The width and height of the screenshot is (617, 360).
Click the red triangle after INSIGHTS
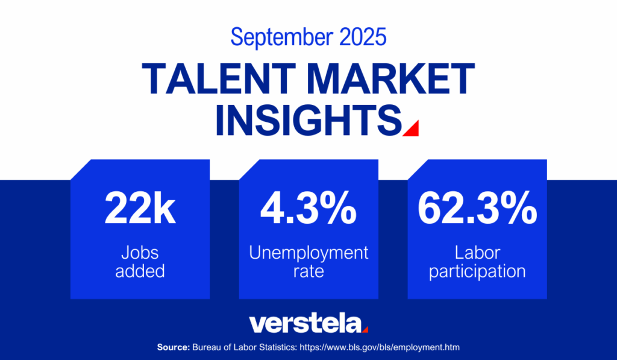pyautogui.click(x=412, y=128)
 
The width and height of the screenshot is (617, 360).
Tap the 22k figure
pyautogui.click(x=140, y=209)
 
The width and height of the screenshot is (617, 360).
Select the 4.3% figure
pyautogui.click(x=308, y=209)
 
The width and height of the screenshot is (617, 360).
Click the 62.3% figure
pyautogui.click(x=477, y=209)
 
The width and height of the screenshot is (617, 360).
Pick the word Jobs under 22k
pyautogui.click(x=140, y=252)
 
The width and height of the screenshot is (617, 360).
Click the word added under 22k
pyautogui.click(x=140, y=271)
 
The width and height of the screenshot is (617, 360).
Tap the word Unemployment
pyautogui.click(x=308, y=252)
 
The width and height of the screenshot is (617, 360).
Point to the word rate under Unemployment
pyautogui.click(x=308, y=271)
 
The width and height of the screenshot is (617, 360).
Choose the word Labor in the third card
pyautogui.click(x=478, y=252)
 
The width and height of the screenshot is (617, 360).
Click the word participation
pyautogui.click(x=478, y=271)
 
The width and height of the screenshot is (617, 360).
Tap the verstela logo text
pyautogui.click(x=305, y=323)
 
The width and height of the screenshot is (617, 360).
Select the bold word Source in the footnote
pyautogui.click(x=174, y=348)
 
